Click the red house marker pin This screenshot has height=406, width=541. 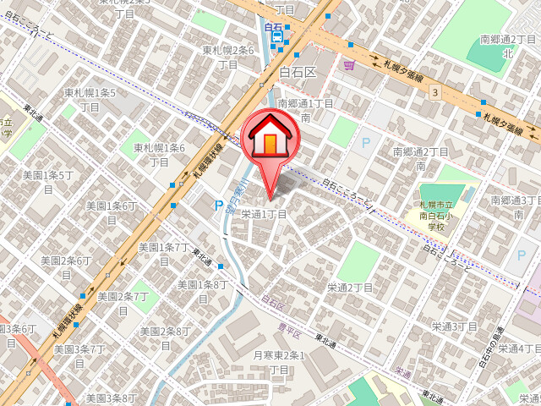[x=270, y=140]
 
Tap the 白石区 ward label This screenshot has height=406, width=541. [x=297, y=73]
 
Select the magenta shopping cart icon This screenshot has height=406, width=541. [x=349, y=64]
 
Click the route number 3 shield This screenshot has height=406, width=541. [x=434, y=91]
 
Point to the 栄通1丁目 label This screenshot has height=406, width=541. [x=264, y=214]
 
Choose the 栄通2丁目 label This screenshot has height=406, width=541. [x=351, y=288]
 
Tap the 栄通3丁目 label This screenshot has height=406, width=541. [x=455, y=326]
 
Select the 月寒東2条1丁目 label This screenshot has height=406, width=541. [x=279, y=363]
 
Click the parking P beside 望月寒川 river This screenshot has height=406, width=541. [x=219, y=206]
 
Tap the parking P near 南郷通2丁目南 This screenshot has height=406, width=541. [x=366, y=144]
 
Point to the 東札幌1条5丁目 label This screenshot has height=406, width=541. [x=90, y=98]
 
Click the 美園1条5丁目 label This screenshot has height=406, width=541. [x=47, y=182]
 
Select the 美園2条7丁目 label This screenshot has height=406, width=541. [x=123, y=303]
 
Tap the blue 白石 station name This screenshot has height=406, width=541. [x=273, y=28]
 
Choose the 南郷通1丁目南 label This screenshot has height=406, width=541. [x=305, y=111]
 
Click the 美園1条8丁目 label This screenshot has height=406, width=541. [x=201, y=291]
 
